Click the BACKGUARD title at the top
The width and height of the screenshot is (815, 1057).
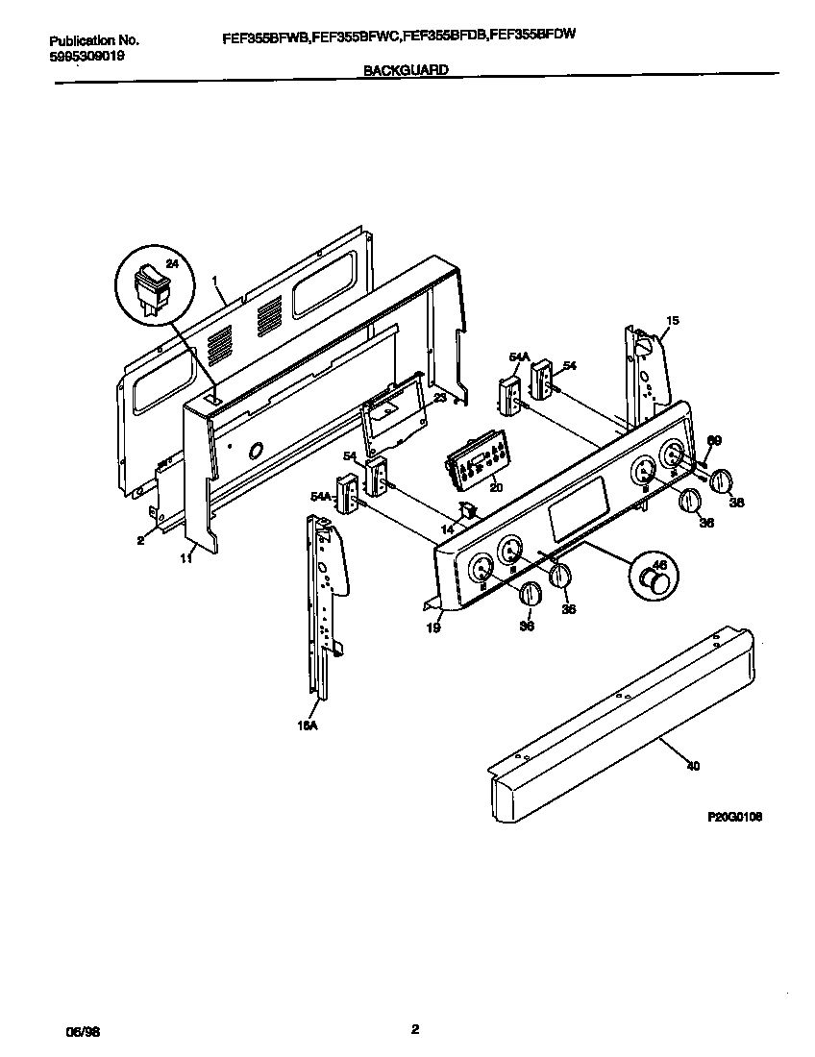406,70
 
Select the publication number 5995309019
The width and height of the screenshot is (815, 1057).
86,56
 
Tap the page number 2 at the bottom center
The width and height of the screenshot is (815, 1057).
414,1030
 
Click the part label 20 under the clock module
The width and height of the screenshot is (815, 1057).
496,488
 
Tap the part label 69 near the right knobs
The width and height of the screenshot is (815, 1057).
713,440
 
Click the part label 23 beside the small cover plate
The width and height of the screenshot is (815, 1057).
439,396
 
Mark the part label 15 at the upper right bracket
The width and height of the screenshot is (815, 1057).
672,320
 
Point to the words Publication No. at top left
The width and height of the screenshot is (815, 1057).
93,40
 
